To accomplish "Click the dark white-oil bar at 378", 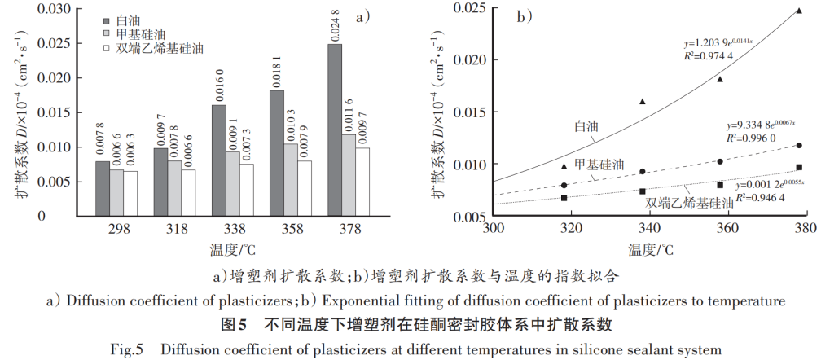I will click(x=335, y=130).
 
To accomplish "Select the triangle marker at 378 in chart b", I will click(x=799, y=11).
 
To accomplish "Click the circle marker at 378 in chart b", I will click(x=799, y=146).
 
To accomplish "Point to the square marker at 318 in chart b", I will click(x=564, y=197).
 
